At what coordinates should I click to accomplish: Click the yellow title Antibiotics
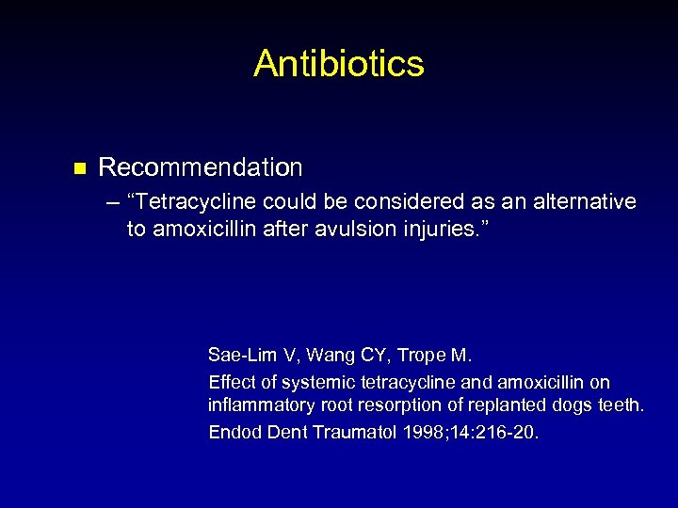(339, 64)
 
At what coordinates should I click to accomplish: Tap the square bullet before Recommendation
(80, 169)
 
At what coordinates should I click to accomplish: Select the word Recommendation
(201, 168)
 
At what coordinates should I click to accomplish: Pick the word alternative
(582, 202)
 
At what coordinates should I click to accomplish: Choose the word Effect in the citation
(231, 383)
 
